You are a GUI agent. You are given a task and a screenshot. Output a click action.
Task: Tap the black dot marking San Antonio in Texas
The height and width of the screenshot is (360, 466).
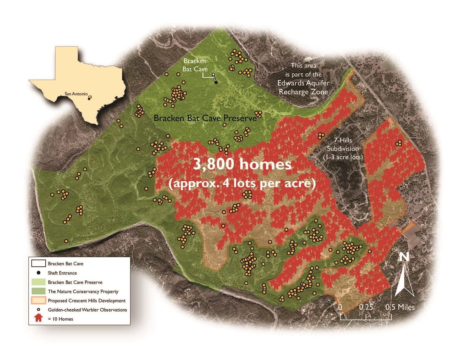click(89, 99)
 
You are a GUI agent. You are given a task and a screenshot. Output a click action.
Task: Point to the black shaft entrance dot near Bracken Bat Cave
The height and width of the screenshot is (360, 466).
click(216, 82)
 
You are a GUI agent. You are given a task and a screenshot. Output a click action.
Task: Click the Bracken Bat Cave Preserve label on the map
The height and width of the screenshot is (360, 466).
click(205, 118)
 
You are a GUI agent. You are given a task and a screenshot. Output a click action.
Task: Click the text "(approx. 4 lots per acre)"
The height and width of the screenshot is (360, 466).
click(242, 184)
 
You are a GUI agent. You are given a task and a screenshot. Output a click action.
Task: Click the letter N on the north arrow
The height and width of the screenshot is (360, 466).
click(404, 257)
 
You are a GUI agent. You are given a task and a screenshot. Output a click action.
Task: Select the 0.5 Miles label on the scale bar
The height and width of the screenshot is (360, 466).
click(400, 307)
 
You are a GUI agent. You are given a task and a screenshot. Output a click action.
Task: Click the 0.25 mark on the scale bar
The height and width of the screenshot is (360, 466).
click(366, 307)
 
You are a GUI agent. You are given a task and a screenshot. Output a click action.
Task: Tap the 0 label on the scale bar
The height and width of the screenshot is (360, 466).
click(341, 307)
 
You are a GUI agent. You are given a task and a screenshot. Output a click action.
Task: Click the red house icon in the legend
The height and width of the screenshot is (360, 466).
click(38, 318)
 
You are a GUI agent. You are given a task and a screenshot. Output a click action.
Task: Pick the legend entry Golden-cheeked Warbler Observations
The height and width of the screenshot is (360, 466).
click(87, 310)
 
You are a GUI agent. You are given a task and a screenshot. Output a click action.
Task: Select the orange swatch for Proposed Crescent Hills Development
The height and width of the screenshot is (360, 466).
click(38, 301)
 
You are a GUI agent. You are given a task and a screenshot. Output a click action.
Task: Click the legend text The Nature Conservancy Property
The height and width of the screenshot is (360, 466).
click(83, 291)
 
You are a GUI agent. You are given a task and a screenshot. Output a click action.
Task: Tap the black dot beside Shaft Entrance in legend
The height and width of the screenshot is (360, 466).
click(38, 273)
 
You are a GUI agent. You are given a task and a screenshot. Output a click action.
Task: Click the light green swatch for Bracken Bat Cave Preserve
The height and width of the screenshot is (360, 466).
click(38, 282)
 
